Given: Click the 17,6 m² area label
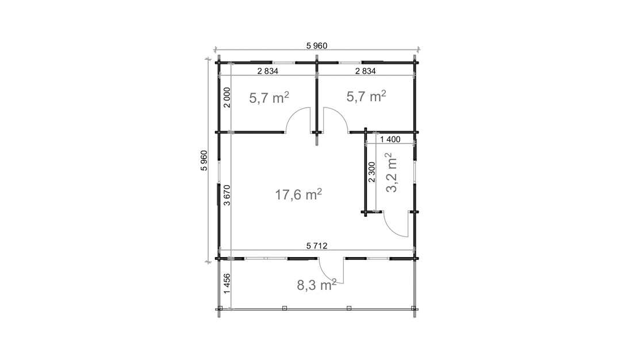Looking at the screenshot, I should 298,195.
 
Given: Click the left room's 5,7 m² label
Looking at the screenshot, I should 269,97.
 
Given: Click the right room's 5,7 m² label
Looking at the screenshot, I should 366,96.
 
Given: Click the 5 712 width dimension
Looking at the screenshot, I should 317,246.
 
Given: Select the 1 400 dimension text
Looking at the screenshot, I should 390,139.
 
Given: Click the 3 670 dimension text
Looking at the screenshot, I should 228,195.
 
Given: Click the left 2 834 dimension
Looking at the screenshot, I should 268,71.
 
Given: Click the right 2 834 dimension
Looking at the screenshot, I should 365,71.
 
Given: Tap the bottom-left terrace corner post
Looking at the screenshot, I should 220,309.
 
